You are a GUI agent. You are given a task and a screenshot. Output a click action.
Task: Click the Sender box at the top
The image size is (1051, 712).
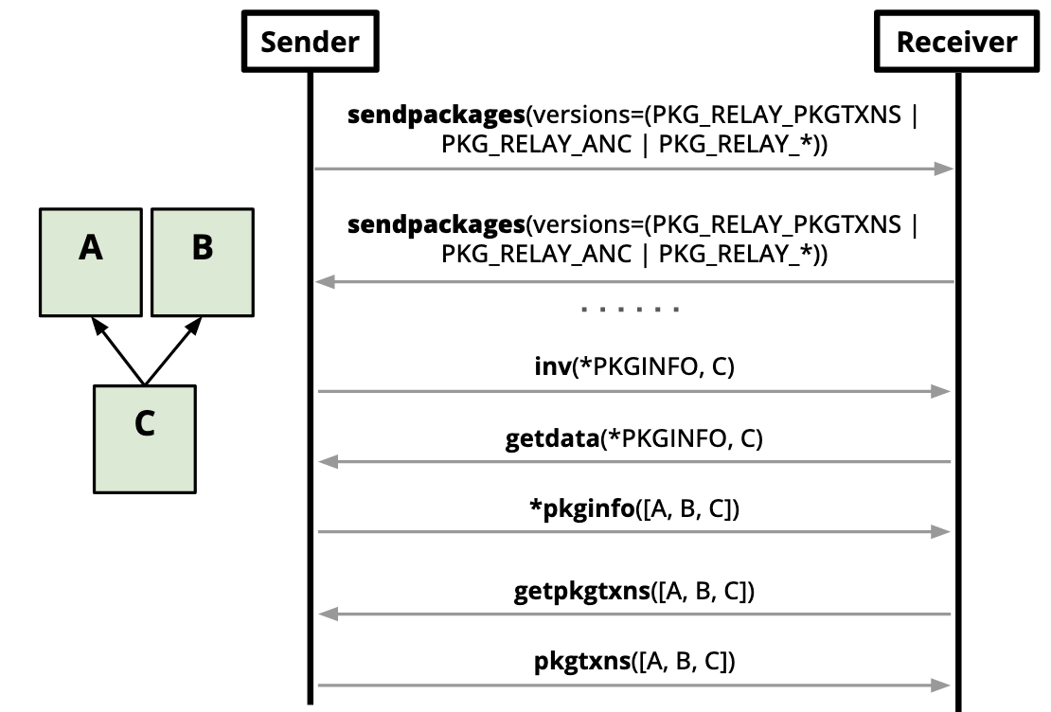coord(310,43)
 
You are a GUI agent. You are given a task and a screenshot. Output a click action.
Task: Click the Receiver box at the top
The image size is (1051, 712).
coord(956,43)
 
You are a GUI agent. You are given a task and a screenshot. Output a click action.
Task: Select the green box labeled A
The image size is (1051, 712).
coord(91,262)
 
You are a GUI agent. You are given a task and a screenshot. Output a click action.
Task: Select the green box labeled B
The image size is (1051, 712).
coord(202,262)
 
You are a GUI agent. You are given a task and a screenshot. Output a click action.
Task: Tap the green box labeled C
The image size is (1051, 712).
coord(145,438)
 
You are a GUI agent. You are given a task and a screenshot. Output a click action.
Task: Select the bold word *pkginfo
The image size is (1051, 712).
coord(580,509)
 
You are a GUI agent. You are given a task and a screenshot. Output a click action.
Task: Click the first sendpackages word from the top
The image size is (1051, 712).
coord(436,116)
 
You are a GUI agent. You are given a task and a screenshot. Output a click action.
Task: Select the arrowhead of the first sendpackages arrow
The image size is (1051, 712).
coord(943,169)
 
